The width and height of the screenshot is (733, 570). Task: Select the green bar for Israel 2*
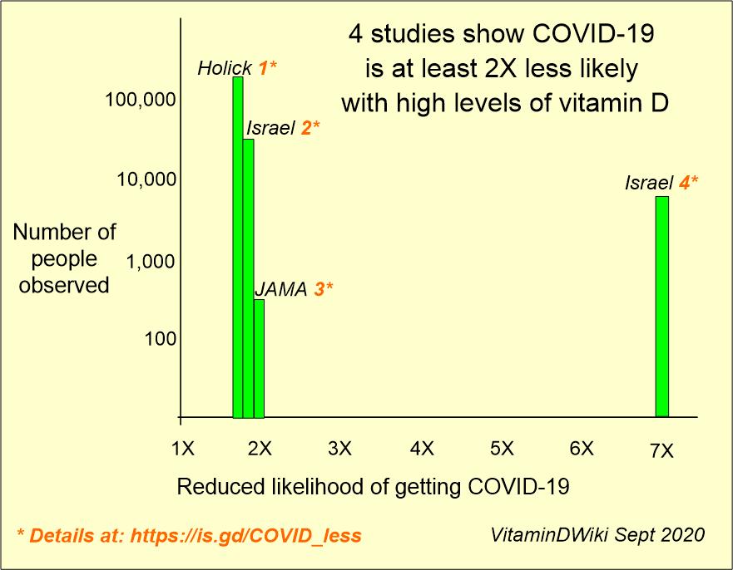click(x=248, y=278)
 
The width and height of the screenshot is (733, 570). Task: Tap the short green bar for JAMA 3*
click(x=259, y=358)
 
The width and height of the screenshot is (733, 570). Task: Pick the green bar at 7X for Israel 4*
click(x=662, y=307)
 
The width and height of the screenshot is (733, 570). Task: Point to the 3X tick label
click(x=339, y=450)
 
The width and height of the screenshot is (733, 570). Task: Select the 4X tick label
click(x=422, y=450)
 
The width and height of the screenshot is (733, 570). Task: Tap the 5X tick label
click(x=501, y=450)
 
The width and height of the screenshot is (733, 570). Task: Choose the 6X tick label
click(x=581, y=450)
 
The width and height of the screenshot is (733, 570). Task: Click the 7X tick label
click(x=661, y=450)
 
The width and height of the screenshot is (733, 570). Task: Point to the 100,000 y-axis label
click(x=141, y=101)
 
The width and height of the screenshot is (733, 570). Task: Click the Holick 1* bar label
click(x=236, y=68)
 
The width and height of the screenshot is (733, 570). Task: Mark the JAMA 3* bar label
click(x=293, y=289)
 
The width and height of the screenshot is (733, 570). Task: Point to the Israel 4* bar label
click(x=661, y=183)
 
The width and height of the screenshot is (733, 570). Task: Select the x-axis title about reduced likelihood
click(x=373, y=487)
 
